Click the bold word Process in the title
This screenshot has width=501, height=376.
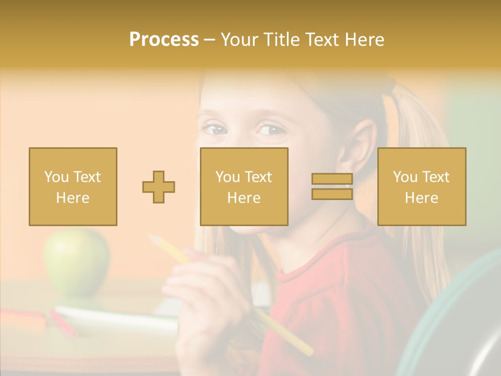coord(164,40)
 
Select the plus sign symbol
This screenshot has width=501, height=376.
coord(159,187)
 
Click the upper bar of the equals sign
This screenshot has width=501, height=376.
coord(332,179)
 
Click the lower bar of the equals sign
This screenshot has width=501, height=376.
coord(332,194)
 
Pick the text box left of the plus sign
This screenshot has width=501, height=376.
coord(73,186)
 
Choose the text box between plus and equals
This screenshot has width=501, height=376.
coord(244,186)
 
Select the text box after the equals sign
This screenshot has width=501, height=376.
coord(422,186)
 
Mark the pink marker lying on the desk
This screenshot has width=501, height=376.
coord(63,323)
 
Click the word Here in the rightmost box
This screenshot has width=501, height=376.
coord(422,198)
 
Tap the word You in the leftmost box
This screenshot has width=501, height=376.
coord(55,177)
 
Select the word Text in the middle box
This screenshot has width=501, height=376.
coord(258,177)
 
